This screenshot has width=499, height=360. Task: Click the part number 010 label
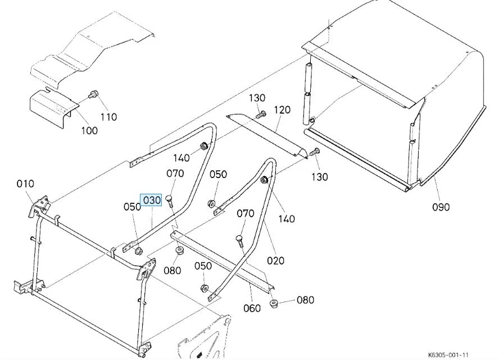tap(25, 184)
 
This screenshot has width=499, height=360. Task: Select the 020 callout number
tap(276, 260)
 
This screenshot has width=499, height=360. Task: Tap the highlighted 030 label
tap(152, 200)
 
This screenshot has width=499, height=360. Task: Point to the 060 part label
tap(252, 308)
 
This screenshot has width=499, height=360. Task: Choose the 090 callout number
tap(441, 207)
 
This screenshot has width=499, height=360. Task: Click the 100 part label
tap(89, 130)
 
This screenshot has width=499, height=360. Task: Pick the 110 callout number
tap(108, 117)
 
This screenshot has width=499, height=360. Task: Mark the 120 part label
tap(282, 110)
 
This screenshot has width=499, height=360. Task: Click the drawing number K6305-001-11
tap(448, 355)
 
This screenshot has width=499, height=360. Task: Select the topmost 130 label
tap(257, 98)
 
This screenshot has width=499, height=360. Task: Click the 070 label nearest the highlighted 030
tap(175, 174)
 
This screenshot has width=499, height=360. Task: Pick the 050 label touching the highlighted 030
tap(132, 207)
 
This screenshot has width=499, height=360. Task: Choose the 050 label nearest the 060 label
tap(203, 266)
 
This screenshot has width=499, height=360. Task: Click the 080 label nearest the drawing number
tap(305, 300)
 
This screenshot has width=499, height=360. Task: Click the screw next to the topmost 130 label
tap(260, 115)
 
